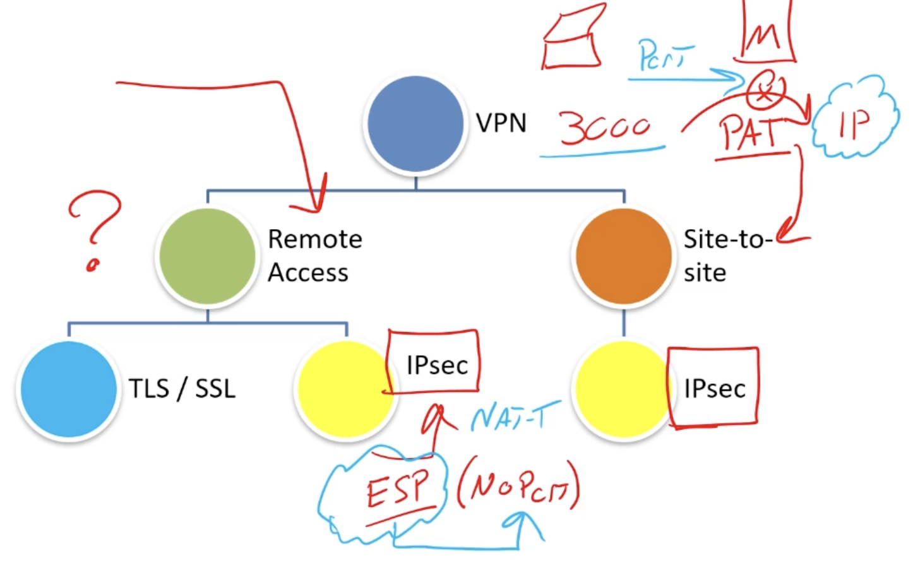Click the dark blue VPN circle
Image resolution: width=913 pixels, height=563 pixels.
pos(415,123)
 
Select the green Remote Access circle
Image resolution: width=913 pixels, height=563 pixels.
pos(207,256)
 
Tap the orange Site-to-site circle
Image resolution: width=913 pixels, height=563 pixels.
pos(623,256)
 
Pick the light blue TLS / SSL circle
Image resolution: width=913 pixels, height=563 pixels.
pos(68,389)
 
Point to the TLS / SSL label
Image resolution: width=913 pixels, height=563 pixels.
pos(182,389)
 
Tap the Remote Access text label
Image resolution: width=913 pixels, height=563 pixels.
pos(314,256)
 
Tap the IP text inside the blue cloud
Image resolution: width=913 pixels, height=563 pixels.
pos(854,124)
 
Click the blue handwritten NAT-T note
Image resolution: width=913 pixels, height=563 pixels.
pos(515,417)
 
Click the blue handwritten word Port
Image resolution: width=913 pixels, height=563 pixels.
pos(664,56)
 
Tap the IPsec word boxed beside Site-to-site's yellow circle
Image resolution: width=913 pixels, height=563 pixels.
pos(715,389)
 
